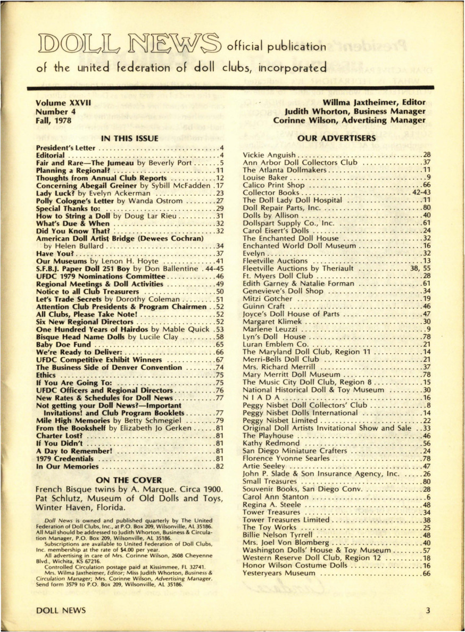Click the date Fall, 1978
tap(53, 120)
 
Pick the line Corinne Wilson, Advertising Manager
tap(349, 120)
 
